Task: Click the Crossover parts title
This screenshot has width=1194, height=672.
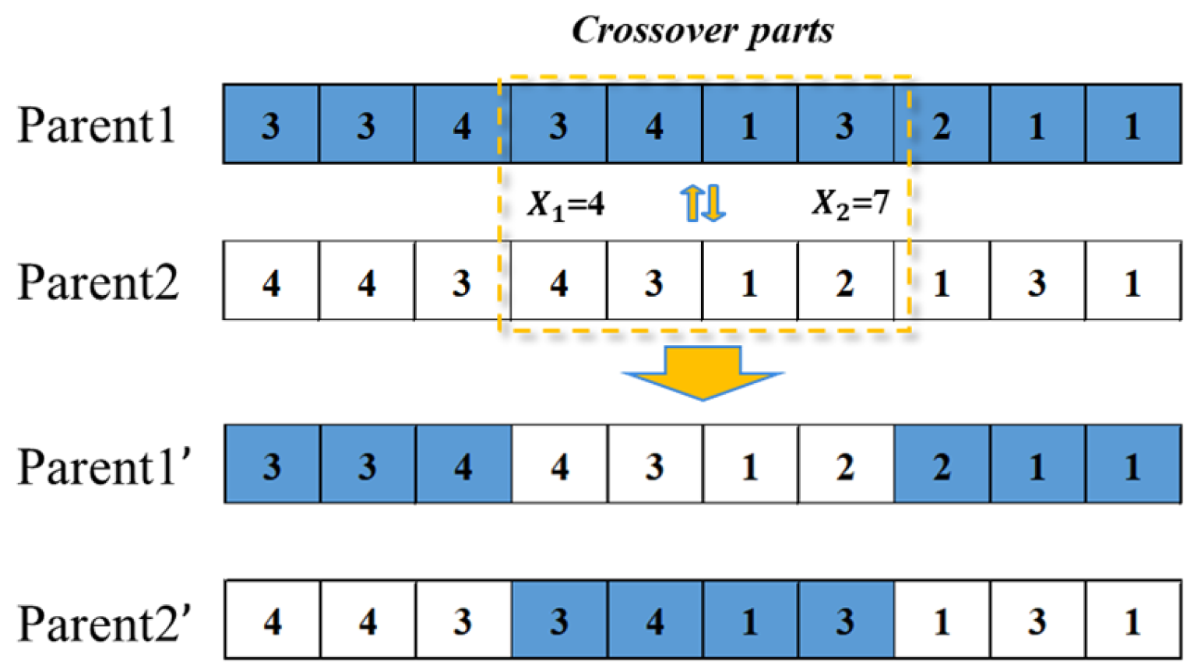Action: (x=703, y=31)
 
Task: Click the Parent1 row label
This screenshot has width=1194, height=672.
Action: (x=97, y=125)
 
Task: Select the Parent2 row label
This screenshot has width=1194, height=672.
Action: (x=98, y=282)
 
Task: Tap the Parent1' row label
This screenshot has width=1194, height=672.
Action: (x=105, y=466)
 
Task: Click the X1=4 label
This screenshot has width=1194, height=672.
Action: (x=566, y=205)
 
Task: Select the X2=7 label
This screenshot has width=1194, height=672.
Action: (x=851, y=203)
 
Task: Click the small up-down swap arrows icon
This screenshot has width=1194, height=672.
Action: (x=703, y=203)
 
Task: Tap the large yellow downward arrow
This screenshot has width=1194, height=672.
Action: (x=703, y=372)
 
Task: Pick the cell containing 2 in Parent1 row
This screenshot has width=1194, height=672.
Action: (x=942, y=125)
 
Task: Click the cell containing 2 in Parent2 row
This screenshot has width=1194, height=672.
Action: (x=845, y=282)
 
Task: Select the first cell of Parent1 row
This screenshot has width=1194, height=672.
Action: (x=270, y=125)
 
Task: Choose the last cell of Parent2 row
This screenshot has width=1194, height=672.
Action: (x=1133, y=282)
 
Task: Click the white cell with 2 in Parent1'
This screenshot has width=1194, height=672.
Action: (x=845, y=466)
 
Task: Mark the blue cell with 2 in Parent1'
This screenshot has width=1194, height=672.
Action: (x=942, y=466)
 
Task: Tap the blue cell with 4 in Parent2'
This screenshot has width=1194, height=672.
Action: (x=655, y=621)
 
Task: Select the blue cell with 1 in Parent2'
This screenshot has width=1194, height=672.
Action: (x=750, y=621)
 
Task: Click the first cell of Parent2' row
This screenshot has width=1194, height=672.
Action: (x=272, y=621)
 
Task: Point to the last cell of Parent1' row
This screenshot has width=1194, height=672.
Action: (x=1133, y=466)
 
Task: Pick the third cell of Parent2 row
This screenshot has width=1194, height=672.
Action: (x=462, y=282)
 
